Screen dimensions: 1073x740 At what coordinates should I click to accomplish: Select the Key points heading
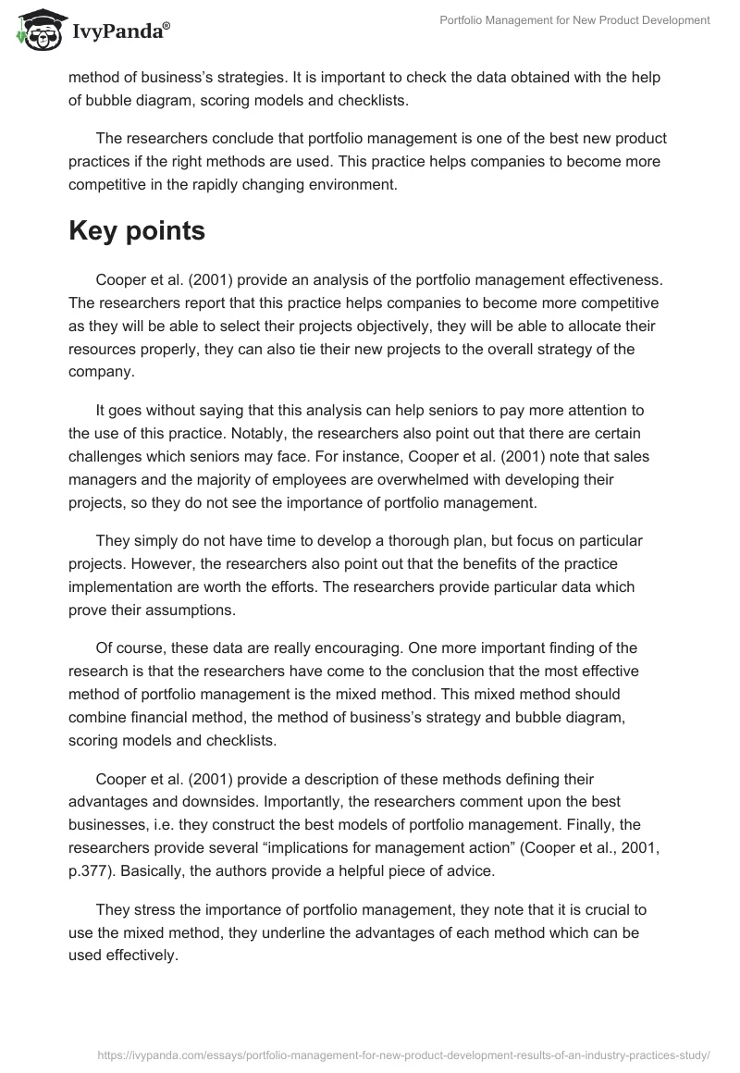click(137, 231)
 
